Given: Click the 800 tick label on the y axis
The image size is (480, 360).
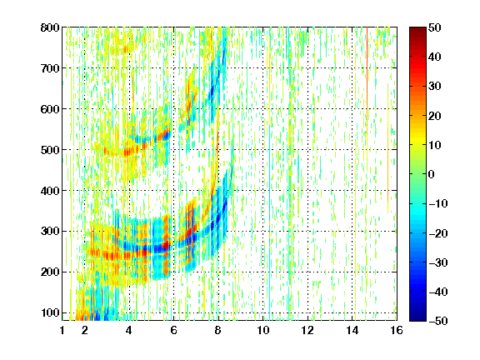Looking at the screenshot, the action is [50, 27].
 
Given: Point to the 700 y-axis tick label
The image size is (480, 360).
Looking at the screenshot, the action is [50, 68].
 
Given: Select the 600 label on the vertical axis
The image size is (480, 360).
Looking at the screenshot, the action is [50, 109].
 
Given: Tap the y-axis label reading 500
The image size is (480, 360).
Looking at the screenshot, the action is [50, 150].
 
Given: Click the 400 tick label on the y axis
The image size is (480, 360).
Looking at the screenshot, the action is [50, 191].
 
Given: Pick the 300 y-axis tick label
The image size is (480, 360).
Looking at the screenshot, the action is [50, 232].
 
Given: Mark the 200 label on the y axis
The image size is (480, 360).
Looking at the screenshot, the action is [50, 272].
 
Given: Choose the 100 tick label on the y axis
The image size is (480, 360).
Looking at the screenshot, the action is [50, 312].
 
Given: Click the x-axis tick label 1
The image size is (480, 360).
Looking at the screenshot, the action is [62, 330].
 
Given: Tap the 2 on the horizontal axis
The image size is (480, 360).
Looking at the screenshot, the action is [85, 330].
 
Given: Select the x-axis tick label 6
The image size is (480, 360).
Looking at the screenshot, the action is [173, 330].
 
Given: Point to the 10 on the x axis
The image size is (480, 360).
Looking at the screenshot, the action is [263, 330].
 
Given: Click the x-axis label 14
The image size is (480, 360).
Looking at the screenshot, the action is [352, 330].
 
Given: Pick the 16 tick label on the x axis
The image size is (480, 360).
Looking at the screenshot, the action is [397, 330].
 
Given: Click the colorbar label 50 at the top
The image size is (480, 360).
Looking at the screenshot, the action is [434, 27].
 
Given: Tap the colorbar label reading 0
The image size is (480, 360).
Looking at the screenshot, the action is [431, 174].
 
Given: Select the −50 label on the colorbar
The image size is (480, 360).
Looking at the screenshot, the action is [438, 321].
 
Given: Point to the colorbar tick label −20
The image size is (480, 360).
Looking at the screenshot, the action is [438, 233].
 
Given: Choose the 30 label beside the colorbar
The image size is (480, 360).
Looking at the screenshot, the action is [434, 87].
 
